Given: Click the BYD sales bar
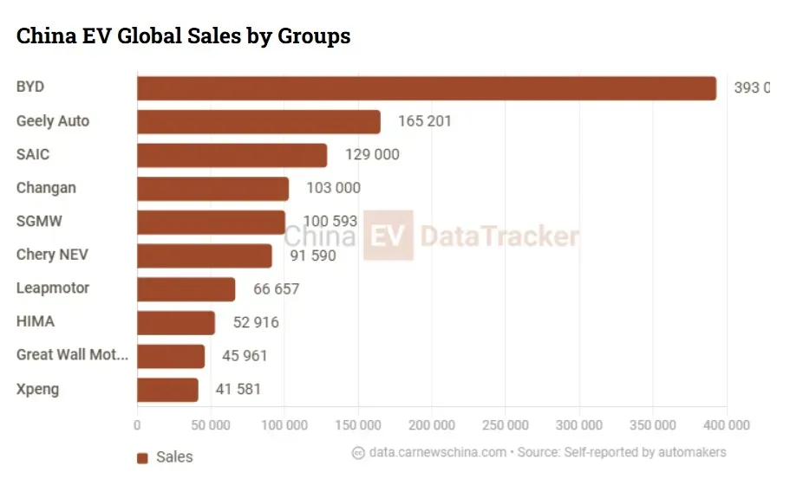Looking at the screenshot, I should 427,88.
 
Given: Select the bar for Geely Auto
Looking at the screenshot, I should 258,122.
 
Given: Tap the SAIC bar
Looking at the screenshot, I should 232,155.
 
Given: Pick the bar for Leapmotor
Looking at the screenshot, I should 186,288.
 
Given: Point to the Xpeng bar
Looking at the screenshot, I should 167,389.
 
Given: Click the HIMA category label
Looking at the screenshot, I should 36,321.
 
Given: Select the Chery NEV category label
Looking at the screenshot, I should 52,255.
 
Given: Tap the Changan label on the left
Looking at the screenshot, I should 46,188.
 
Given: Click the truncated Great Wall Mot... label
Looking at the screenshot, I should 72,355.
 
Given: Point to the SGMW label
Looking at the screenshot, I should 39,221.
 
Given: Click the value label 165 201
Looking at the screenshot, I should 424,121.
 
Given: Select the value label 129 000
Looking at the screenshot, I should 371,155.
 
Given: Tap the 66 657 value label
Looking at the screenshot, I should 276,288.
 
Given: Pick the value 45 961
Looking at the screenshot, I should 245,355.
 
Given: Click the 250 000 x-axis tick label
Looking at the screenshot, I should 505,425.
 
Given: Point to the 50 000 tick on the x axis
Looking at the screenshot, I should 210,425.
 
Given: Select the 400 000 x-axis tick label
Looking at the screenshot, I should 725,425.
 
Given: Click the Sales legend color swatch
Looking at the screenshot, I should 142,458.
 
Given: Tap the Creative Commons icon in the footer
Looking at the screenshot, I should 358,453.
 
